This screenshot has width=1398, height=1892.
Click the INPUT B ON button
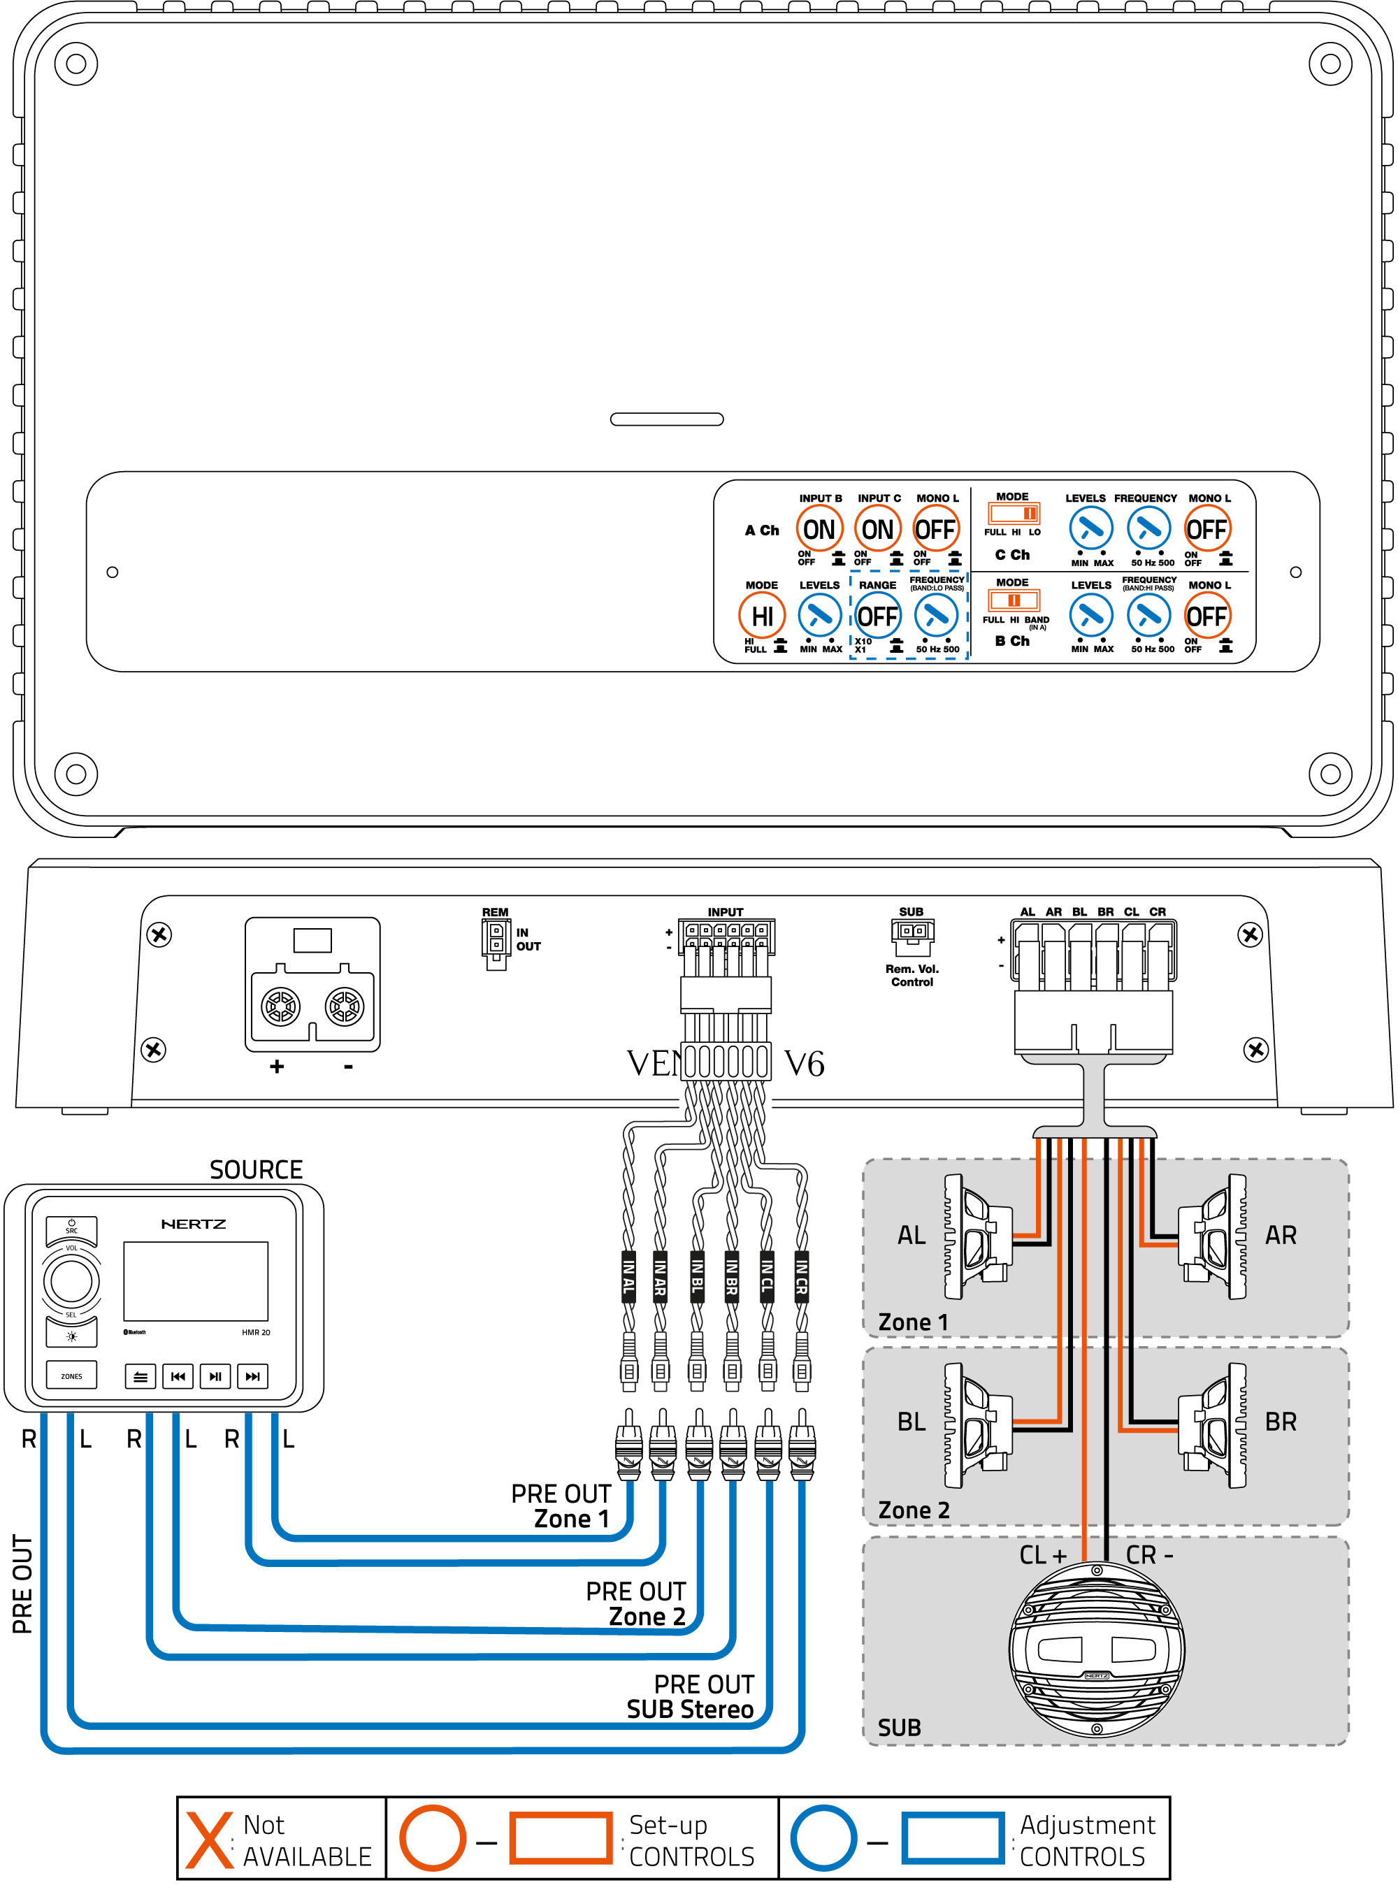pos(819,530)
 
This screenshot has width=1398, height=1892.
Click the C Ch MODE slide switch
pos(1013,514)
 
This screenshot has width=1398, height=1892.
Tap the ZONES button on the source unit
pos(71,1376)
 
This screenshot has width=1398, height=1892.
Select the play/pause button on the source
pos(215,1377)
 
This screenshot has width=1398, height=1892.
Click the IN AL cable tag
pos(628,1277)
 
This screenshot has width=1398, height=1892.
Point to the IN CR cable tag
pos(800,1277)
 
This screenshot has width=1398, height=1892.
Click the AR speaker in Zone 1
pos(1213,1236)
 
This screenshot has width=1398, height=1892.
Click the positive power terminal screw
pos(280,1007)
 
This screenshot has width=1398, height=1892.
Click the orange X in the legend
pos(209,1840)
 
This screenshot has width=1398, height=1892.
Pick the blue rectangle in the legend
pos(952,1839)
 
